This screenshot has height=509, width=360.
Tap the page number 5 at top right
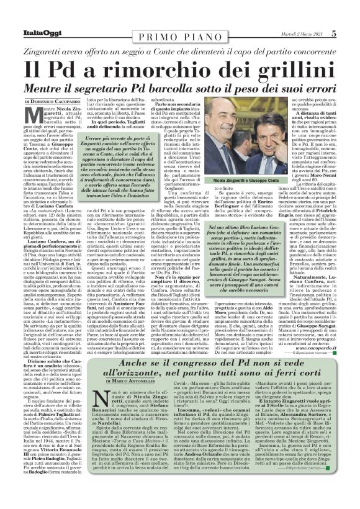[351, 7]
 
